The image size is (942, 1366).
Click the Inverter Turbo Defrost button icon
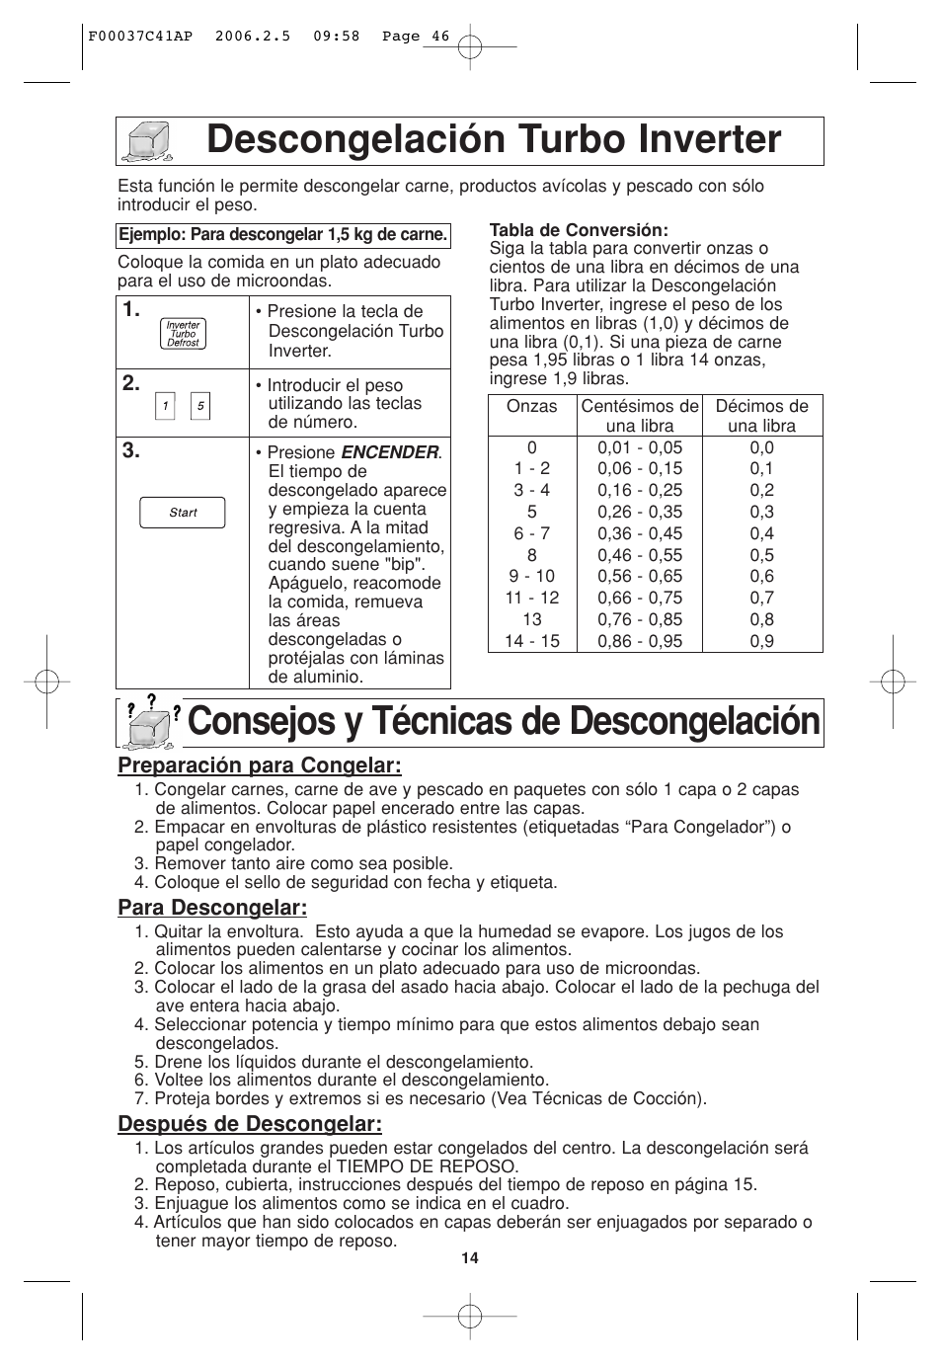(x=183, y=334)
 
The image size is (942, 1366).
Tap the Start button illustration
(x=183, y=513)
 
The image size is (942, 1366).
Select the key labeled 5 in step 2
(x=200, y=406)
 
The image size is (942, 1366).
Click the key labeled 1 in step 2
(x=165, y=406)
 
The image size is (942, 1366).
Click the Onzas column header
(x=531, y=406)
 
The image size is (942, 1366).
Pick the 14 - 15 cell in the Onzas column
(x=531, y=641)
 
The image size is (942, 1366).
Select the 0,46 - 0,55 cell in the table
(x=640, y=555)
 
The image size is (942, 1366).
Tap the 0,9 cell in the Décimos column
(x=761, y=641)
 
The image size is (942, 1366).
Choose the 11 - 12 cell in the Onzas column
(x=531, y=598)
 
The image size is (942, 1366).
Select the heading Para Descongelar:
(x=212, y=907)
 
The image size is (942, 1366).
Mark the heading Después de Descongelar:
(x=250, y=1124)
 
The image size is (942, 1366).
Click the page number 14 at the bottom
(x=469, y=1258)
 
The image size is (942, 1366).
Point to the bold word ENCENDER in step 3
(x=389, y=451)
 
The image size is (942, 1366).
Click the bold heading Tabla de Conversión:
(x=565, y=231)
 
